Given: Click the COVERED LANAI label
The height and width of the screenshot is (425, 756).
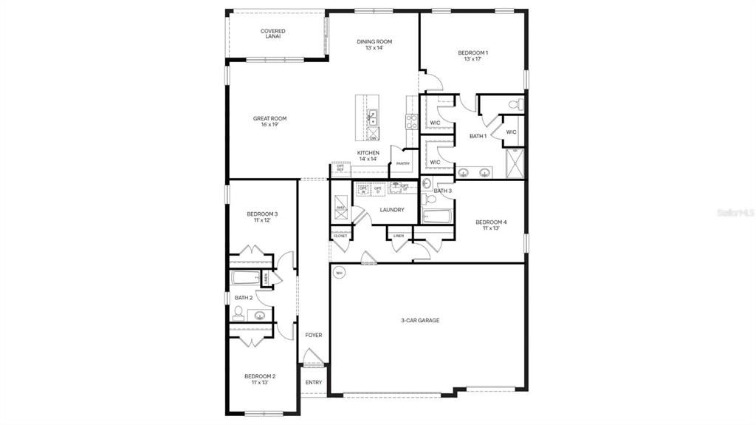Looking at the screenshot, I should click(272, 33).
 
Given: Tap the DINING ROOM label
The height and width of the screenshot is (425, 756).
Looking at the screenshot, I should click(374, 44).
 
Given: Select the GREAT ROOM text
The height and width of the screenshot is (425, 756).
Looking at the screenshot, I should click(269, 121).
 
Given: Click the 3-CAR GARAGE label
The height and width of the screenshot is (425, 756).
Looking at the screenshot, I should click(420, 320).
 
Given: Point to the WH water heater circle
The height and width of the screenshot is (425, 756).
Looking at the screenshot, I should click(339, 273).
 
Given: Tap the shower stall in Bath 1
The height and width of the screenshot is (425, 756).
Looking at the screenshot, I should click(515, 163).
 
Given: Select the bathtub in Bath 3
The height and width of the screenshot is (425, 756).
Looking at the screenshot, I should click(437, 215).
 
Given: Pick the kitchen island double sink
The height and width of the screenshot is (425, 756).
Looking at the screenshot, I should click(373, 118).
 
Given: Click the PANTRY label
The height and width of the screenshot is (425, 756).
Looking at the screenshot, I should click(402, 163).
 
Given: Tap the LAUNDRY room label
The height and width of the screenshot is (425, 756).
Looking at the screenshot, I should click(391, 210).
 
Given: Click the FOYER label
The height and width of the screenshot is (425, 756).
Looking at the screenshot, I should click(313, 335).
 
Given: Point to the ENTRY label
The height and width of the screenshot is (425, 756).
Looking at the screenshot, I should click(313, 382).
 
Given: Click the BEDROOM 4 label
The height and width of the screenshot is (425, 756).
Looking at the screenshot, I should click(491, 225).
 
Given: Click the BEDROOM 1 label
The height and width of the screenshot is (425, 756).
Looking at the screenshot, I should click(472, 55).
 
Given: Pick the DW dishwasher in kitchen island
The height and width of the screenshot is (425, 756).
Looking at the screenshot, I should click(373, 137).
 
